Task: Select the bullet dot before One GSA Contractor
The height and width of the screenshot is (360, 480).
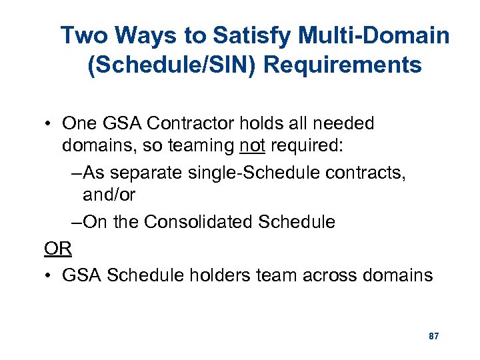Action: click(x=49, y=124)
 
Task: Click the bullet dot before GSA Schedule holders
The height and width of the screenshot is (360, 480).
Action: click(x=49, y=275)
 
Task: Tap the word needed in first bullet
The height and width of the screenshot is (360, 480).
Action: click(x=343, y=123)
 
